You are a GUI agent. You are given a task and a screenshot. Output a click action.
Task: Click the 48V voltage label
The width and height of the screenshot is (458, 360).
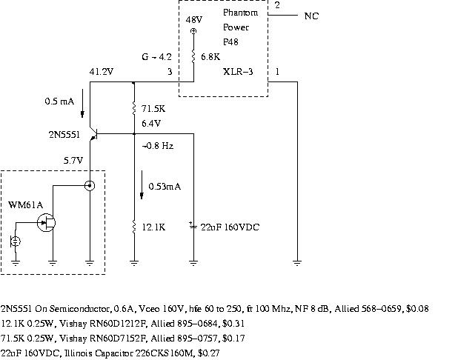(193, 20)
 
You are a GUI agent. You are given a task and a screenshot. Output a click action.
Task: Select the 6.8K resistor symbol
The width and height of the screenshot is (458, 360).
(193, 57)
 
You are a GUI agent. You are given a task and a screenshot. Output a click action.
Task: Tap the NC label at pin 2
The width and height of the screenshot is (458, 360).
(312, 16)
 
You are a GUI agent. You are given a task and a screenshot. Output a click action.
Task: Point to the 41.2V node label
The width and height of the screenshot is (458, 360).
(101, 72)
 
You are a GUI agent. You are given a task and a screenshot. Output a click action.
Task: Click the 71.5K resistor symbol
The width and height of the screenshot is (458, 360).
(133, 108)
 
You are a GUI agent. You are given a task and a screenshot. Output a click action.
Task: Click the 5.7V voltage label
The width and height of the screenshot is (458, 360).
(74, 160)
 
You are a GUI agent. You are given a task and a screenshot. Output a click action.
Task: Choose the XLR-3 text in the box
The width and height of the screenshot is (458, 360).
(236, 72)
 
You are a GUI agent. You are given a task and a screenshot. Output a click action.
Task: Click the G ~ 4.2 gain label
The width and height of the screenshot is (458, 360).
(156, 56)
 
